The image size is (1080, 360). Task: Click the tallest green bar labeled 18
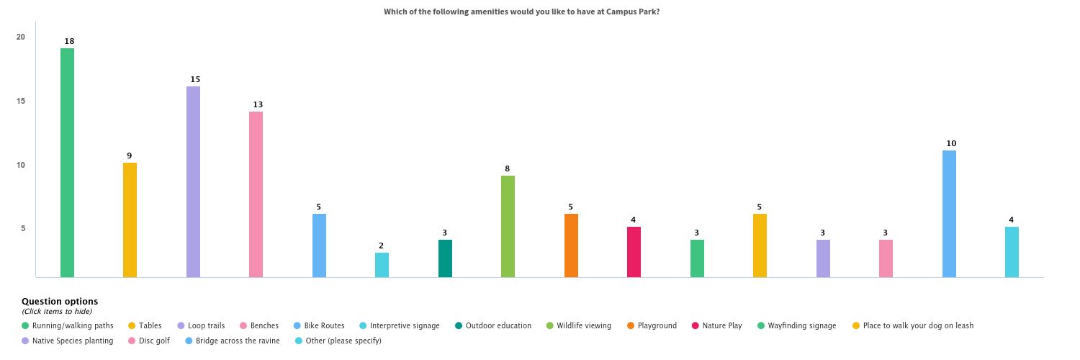tap(67, 163)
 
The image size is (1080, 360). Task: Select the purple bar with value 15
tap(193, 181)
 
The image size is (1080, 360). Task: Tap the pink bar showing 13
tap(256, 194)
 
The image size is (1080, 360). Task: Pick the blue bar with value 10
tap(949, 214)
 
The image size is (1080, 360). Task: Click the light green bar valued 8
tap(508, 226)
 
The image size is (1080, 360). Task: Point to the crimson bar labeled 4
tap(634, 252)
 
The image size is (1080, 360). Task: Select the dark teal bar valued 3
tap(445, 258)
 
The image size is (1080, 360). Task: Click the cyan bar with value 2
tap(382, 265)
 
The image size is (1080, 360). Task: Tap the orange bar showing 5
tap(571, 246)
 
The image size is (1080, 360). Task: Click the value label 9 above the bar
tap(130, 156)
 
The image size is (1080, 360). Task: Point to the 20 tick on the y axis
tap(21, 37)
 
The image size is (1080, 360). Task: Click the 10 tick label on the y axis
tap(21, 165)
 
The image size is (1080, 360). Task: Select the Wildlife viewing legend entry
tap(583, 325)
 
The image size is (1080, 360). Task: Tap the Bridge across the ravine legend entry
tap(237, 341)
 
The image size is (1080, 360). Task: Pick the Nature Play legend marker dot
tap(695, 325)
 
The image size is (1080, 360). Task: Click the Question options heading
tap(60, 301)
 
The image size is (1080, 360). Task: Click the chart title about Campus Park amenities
tap(521, 12)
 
